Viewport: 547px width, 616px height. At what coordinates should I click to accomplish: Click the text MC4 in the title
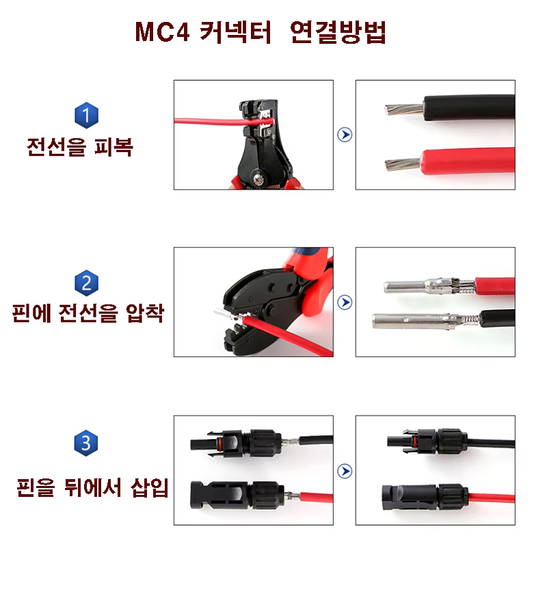click(x=162, y=31)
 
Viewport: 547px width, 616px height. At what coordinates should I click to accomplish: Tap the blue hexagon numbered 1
click(x=86, y=115)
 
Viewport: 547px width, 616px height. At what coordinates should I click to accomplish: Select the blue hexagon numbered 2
click(x=86, y=283)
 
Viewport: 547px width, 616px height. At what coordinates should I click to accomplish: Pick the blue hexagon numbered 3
click(x=86, y=443)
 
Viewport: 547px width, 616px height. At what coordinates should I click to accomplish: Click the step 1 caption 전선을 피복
click(x=79, y=147)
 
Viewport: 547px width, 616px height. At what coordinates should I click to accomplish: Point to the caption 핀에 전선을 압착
click(x=88, y=313)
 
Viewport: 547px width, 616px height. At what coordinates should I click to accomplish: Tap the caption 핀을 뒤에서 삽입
click(x=92, y=487)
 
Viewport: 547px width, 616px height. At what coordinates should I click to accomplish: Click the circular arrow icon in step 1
click(x=345, y=135)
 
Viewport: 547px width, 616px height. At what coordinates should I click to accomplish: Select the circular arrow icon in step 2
click(x=345, y=302)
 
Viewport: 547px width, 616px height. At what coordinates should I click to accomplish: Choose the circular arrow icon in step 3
click(x=345, y=471)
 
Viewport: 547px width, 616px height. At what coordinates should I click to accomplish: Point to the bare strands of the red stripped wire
click(x=403, y=164)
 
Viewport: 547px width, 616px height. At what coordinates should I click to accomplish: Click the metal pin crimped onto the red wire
click(x=429, y=285)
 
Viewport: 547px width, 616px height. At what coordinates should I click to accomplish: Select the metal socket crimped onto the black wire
click(x=426, y=320)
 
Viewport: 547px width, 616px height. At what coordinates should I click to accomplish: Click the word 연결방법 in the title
click(x=338, y=31)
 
